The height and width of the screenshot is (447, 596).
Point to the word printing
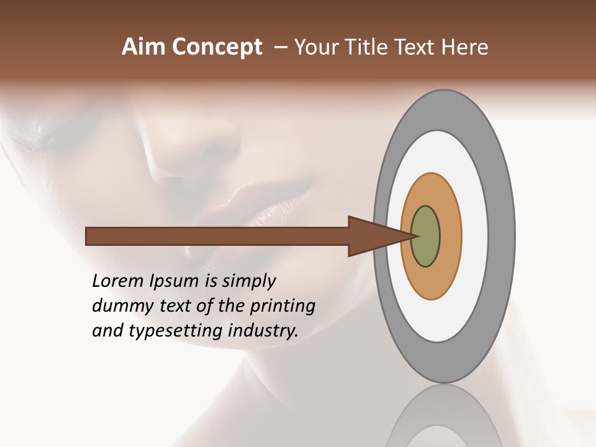point(282,307)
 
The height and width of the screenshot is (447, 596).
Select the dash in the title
point(280,48)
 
